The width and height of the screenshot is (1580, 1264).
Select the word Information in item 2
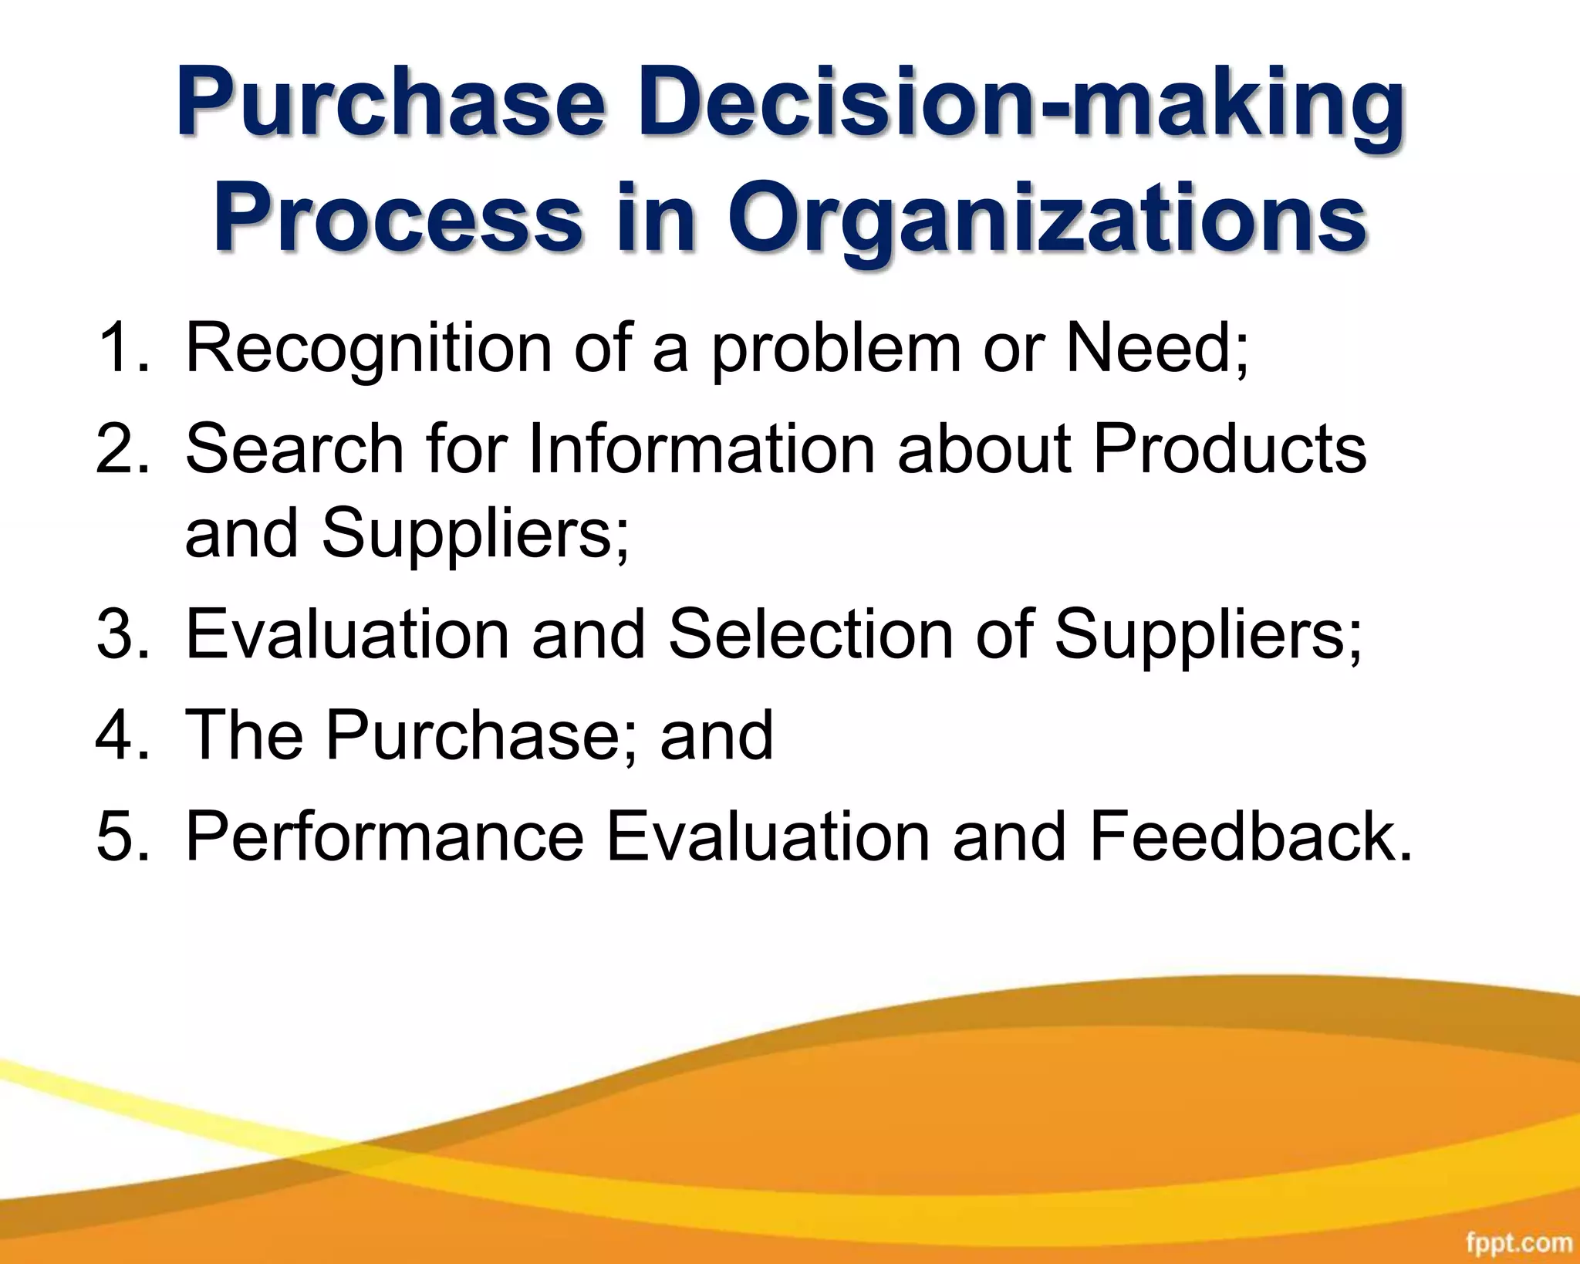[701, 449]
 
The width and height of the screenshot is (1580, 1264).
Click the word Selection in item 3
[811, 634]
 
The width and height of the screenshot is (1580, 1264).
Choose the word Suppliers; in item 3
[1208, 634]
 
